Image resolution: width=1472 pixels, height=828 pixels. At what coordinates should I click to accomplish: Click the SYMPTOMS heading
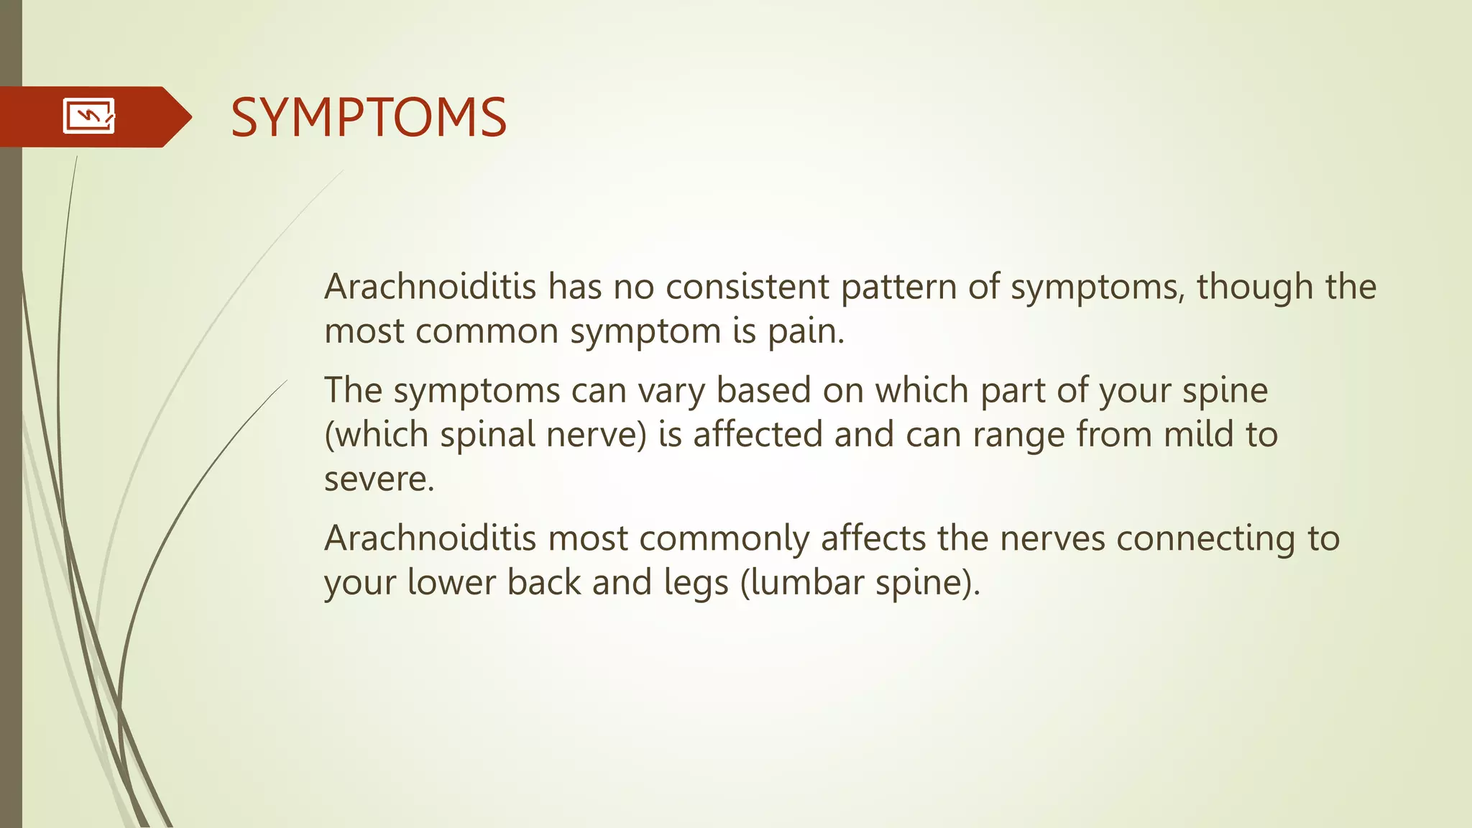(x=368, y=117)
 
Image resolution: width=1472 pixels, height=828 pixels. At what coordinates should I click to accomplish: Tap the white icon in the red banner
(x=89, y=116)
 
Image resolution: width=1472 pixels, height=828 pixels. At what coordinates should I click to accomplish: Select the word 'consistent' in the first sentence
(x=747, y=287)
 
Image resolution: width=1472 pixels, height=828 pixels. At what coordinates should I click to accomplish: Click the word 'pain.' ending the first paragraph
(x=806, y=332)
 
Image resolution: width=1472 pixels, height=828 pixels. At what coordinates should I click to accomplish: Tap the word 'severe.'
(x=379, y=479)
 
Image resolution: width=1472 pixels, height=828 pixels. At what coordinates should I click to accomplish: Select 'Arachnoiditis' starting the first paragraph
(x=430, y=287)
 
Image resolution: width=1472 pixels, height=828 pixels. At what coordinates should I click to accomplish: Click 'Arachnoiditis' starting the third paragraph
(x=430, y=538)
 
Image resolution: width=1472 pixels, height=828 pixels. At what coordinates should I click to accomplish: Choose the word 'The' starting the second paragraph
(x=353, y=390)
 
